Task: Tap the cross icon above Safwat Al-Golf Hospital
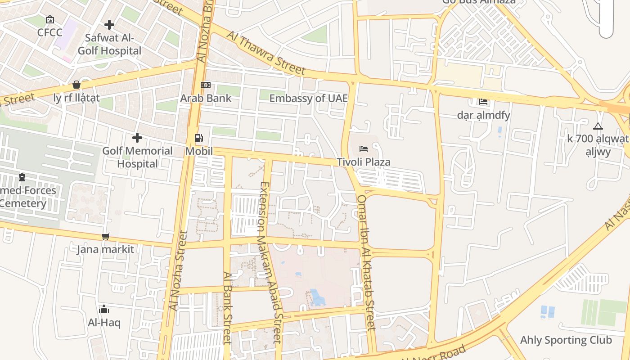[109, 25]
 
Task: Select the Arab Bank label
[206, 98]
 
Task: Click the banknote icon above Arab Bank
[206, 85]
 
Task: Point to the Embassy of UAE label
[308, 98]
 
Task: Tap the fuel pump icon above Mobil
[198, 138]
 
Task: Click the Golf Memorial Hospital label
[137, 157]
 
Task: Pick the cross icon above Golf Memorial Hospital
[137, 138]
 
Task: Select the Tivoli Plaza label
[364, 162]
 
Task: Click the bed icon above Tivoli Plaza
[364, 148]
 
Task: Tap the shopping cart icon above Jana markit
[106, 236]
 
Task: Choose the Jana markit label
[105, 249]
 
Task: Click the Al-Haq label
[104, 323]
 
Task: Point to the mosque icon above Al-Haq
[104, 310]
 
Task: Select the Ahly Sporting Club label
[566, 340]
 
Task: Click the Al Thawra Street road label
[266, 53]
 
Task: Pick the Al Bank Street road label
[227, 307]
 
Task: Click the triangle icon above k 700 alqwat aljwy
[598, 126]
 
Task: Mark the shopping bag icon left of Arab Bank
[76, 85]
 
